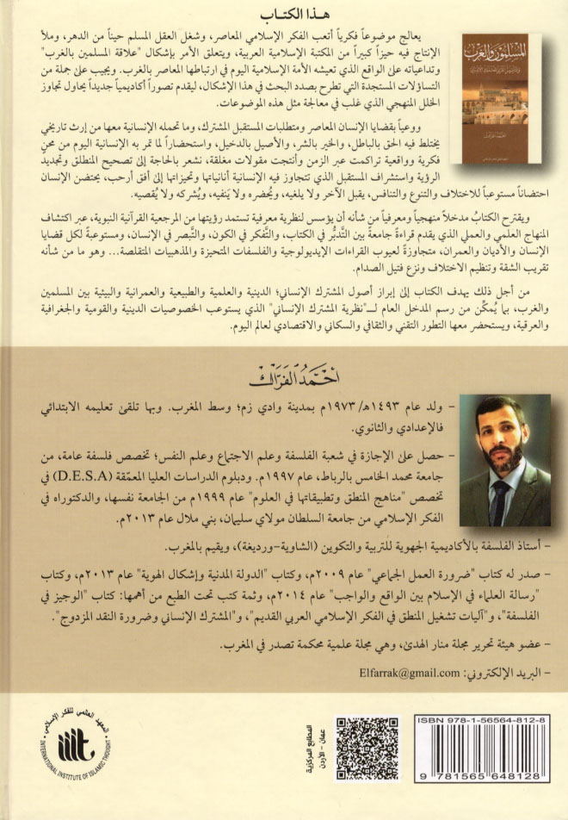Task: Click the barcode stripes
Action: [486, 754]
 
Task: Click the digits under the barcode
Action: [486, 785]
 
